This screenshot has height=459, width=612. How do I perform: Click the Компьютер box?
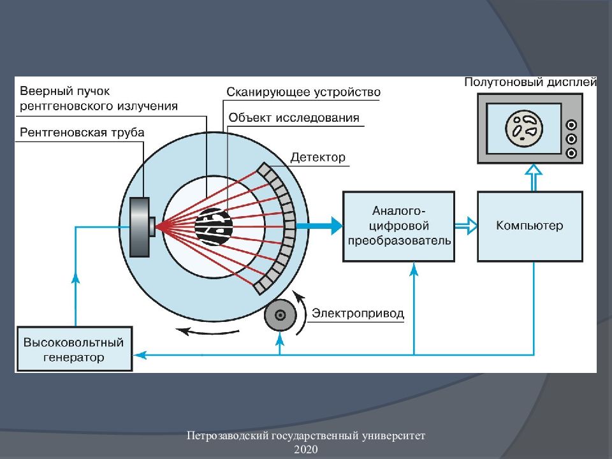(530, 226)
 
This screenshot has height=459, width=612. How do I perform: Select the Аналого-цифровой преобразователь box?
(398, 226)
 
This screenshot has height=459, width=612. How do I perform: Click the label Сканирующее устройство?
(303, 92)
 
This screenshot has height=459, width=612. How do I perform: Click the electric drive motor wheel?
(280, 314)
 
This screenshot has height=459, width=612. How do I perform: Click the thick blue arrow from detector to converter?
(319, 225)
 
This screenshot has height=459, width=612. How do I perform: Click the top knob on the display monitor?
(571, 125)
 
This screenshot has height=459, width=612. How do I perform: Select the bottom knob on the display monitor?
(571, 152)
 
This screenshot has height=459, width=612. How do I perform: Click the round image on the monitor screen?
(525, 127)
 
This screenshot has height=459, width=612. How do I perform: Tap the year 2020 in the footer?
(305, 449)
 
